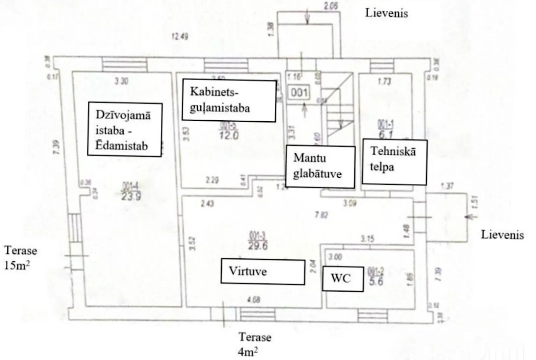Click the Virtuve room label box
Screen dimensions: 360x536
[x=263, y=272]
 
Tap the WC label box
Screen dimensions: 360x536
[x=342, y=279]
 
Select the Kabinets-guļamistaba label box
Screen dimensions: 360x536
[x=229, y=100]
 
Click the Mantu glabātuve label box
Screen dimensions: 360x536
[x=320, y=166]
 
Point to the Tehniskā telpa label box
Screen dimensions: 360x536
[x=394, y=162]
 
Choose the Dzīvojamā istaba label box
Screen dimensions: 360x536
[x=125, y=130]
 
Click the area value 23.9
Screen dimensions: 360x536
[x=131, y=196]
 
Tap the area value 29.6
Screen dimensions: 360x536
[x=258, y=246]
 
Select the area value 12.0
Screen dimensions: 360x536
[x=229, y=136]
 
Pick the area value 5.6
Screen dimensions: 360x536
[x=376, y=281]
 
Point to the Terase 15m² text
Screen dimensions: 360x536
[x=20, y=258]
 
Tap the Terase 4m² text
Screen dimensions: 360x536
[x=255, y=344]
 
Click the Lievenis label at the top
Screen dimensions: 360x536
[x=387, y=13]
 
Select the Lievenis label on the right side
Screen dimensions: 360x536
[x=502, y=235]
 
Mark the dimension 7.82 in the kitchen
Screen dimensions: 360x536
[x=321, y=215]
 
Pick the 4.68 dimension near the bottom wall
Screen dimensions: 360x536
[x=253, y=299]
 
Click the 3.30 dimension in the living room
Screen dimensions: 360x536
[x=121, y=81]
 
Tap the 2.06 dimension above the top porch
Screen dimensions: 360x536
[x=331, y=6]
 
